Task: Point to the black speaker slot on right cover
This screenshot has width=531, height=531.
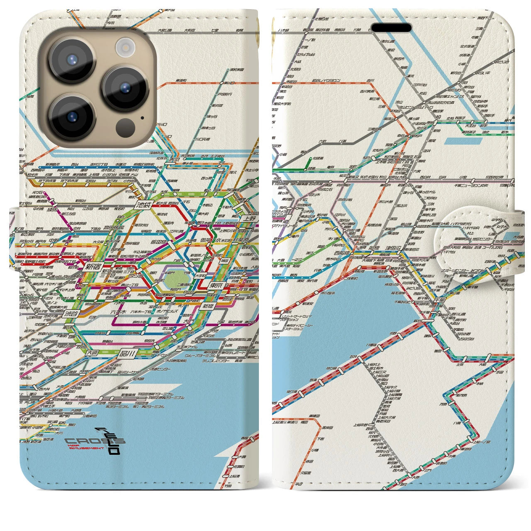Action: (x=391, y=28)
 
